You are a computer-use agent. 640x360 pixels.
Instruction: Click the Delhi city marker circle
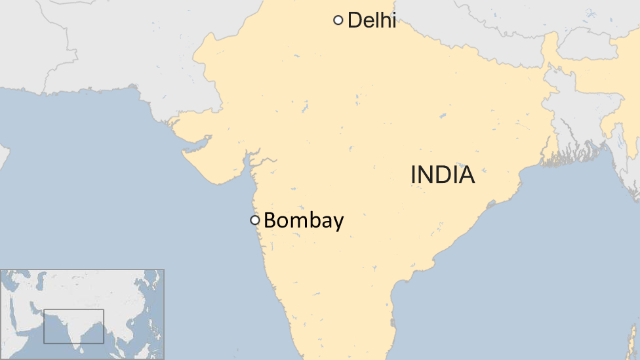pyautogui.click(x=338, y=20)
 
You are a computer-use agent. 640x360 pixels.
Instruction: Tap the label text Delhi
pyautogui.click(x=371, y=20)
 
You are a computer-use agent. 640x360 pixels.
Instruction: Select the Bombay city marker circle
pyautogui.click(x=255, y=220)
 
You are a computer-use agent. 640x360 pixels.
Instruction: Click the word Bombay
pyautogui.click(x=304, y=221)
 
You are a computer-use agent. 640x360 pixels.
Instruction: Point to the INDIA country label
pyautogui.click(x=443, y=175)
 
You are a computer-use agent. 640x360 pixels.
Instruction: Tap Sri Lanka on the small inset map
pyautogui.click(x=82, y=342)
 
